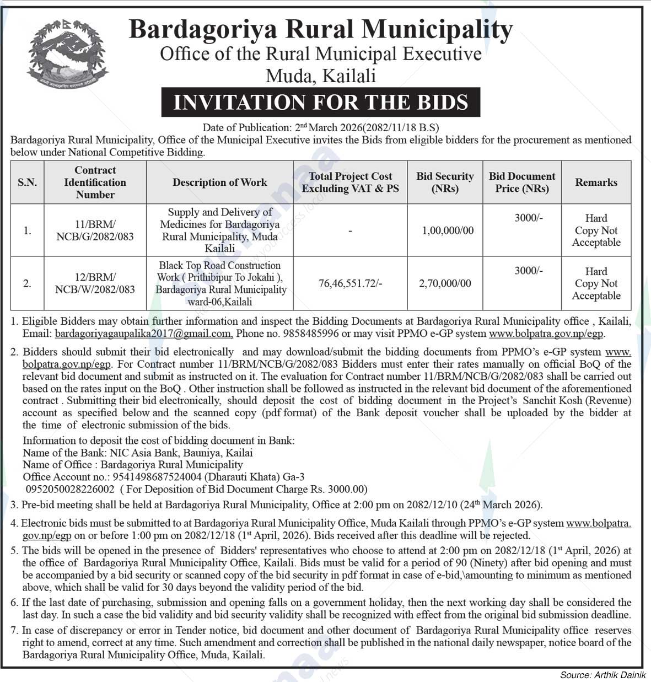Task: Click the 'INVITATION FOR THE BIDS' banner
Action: point(320,103)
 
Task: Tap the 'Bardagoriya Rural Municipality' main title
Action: point(320,29)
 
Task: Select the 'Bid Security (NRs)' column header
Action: point(445,182)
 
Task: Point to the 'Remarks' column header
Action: point(596,182)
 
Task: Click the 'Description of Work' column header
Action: point(219,182)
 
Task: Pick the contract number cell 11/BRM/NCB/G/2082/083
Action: point(95,230)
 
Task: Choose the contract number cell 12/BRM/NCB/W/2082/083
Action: point(95,283)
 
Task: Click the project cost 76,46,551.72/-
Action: point(350,283)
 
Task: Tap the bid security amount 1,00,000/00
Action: point(448,230)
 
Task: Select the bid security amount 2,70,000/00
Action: point(445,283)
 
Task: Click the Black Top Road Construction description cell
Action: point(220,283)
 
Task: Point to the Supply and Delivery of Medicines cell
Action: point(220,230)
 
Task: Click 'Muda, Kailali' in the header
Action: point(320,76)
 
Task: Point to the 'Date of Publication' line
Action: point(320,128)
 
